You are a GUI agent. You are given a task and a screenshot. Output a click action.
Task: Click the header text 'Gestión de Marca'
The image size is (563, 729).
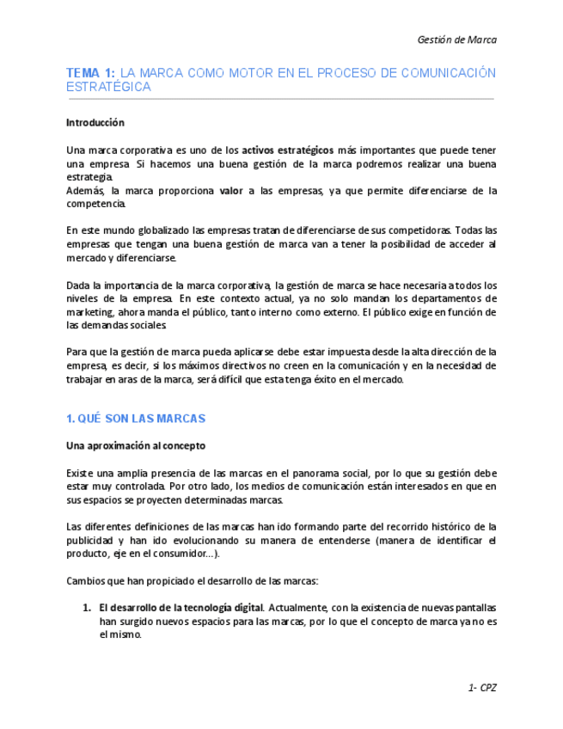tap(456, 40)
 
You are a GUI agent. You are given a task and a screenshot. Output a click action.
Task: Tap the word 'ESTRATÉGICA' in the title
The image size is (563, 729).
tap(108, 87)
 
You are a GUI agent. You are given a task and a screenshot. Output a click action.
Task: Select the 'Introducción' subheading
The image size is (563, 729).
tap(95, 123)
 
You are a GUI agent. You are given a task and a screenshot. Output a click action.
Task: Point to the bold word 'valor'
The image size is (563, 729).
tap(231, 191)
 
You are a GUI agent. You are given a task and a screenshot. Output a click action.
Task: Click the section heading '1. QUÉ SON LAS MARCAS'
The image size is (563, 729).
tap(136, 419)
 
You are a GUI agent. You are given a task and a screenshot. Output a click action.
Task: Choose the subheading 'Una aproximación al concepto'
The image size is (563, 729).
tap(136, 445)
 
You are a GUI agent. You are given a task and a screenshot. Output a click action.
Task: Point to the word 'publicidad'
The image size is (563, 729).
tap(92, 540)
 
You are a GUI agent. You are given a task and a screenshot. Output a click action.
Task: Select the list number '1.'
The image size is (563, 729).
tap(87, 608)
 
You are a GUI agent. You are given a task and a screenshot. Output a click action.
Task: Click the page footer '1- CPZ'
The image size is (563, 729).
tap(482, 688)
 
